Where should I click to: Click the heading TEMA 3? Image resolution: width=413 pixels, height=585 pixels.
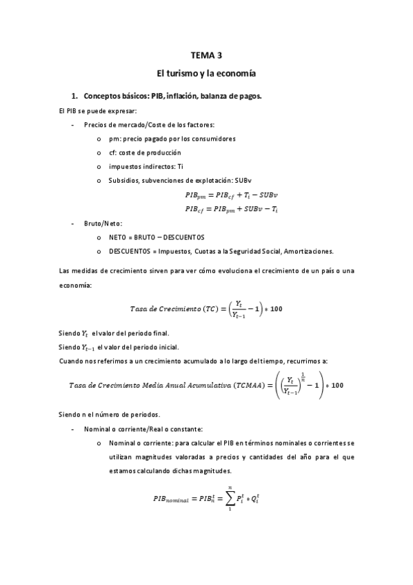tap(206, 54)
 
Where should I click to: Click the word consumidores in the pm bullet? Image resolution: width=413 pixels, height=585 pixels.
tap(213, 139)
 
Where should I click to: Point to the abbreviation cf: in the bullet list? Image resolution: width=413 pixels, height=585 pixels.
tap(113, 152)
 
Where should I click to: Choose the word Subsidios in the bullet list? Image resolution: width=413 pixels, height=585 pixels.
tap(123, 180)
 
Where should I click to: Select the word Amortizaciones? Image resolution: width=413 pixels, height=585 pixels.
tap(305, 250)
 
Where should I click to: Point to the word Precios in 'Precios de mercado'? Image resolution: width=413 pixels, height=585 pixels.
tap(95, 124)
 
